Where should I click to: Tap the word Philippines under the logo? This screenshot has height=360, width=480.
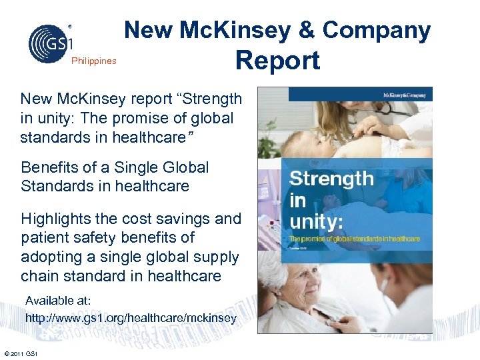click(x=93, y=61)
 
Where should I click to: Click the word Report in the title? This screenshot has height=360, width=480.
click(x=277, y=61)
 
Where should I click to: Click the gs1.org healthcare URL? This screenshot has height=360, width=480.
click(x=131, y=319)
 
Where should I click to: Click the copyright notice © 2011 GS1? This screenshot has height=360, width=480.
click(x=20, y=353)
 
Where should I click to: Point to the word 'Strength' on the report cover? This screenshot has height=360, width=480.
click(x=331, y=178)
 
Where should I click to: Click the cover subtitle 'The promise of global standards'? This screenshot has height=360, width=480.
click(x=353, y=238)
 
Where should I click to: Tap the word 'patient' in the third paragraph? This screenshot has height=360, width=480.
click(x=47, y=237)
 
